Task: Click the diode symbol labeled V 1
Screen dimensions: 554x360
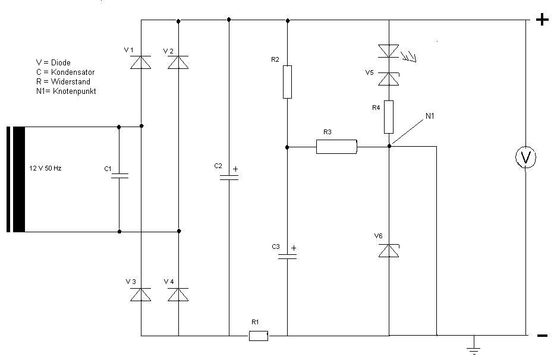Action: (141, 62)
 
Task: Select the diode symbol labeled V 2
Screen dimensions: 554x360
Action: (178, 62)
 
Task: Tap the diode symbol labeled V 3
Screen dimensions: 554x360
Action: (141, 294)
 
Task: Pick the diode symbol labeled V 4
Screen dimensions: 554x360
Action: (178, 294)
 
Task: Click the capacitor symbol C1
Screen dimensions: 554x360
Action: (119, 175)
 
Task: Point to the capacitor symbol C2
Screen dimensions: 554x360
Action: (229, 177)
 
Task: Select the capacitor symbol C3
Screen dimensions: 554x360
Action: (287, 257)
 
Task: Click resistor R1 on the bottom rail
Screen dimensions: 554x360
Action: (258, 336)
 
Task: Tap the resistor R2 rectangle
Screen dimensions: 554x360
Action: (287, 82)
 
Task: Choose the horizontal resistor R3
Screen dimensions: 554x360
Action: (336, 147)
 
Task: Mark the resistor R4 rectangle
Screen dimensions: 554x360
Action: (389, 117)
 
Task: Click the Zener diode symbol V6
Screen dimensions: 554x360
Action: (389, 250)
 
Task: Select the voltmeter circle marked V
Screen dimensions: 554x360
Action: (525, 157)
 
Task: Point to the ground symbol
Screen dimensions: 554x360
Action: (473, 349)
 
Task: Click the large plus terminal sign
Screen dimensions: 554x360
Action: (542, 20)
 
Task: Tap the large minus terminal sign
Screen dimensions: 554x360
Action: (542, 336)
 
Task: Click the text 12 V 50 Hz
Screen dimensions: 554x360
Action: (45, 168)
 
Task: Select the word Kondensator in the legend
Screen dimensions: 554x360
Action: (73, 72)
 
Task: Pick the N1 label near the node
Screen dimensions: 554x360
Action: (430, 116)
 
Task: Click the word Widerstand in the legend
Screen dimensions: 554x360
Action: (71, 81)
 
